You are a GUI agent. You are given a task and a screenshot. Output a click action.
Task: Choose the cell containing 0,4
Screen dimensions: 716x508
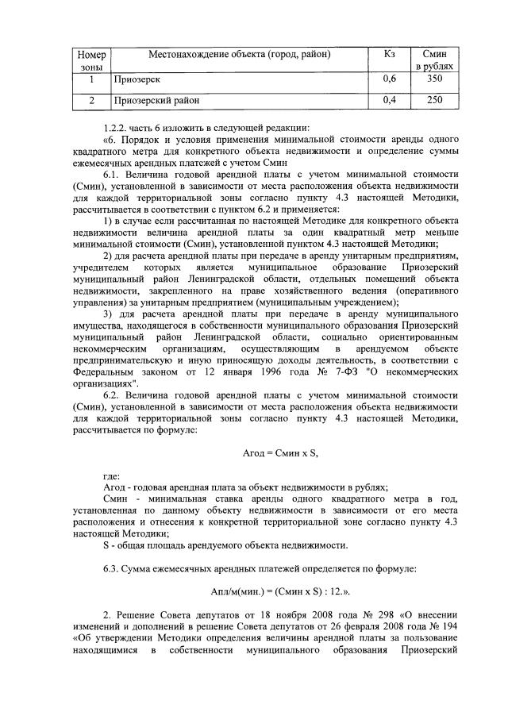tap(389, 101)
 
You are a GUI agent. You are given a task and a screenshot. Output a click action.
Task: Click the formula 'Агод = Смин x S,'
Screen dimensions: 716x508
tap(279, 452)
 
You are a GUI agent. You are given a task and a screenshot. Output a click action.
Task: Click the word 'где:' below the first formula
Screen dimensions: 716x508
tap(111, 476)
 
